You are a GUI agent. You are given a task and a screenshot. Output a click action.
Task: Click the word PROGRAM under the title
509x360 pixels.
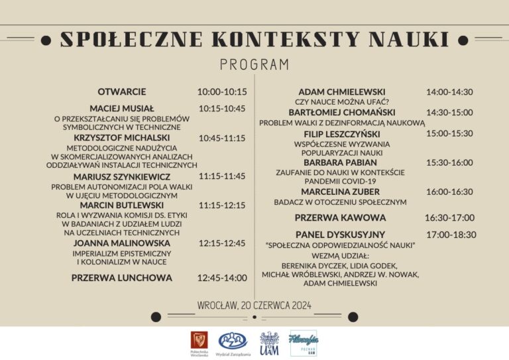pos(254,64)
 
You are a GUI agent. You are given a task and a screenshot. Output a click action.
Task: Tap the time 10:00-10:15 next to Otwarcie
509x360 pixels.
pos(222,91)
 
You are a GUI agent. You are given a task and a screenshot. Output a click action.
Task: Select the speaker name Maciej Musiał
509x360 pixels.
pos(122,109)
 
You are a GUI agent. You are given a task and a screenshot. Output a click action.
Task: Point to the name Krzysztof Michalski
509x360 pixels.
pos(122,138)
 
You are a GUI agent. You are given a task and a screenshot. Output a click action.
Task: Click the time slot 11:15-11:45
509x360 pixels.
pos(222,176)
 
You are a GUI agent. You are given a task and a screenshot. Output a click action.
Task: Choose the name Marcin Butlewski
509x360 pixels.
pos(122,206)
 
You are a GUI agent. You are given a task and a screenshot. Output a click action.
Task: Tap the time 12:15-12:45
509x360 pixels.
pos(222,244)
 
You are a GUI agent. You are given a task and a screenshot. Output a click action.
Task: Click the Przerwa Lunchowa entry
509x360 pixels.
pos(122,278)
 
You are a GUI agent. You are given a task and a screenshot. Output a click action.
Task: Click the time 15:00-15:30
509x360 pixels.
pos(449,133)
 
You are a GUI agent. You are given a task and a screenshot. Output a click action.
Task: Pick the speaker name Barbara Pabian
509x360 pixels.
pos(340,162)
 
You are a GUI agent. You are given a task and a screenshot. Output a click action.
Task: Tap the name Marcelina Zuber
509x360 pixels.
pos(340,192)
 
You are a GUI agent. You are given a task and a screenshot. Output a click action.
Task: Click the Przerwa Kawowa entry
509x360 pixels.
pos(340,217)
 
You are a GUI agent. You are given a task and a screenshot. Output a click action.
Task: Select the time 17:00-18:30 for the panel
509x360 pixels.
pos(451,235)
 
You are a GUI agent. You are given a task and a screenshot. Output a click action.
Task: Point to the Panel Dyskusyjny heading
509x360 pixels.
pos(340,235)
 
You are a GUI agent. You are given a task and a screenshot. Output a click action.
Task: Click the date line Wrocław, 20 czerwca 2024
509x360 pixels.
pos(254,306)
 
